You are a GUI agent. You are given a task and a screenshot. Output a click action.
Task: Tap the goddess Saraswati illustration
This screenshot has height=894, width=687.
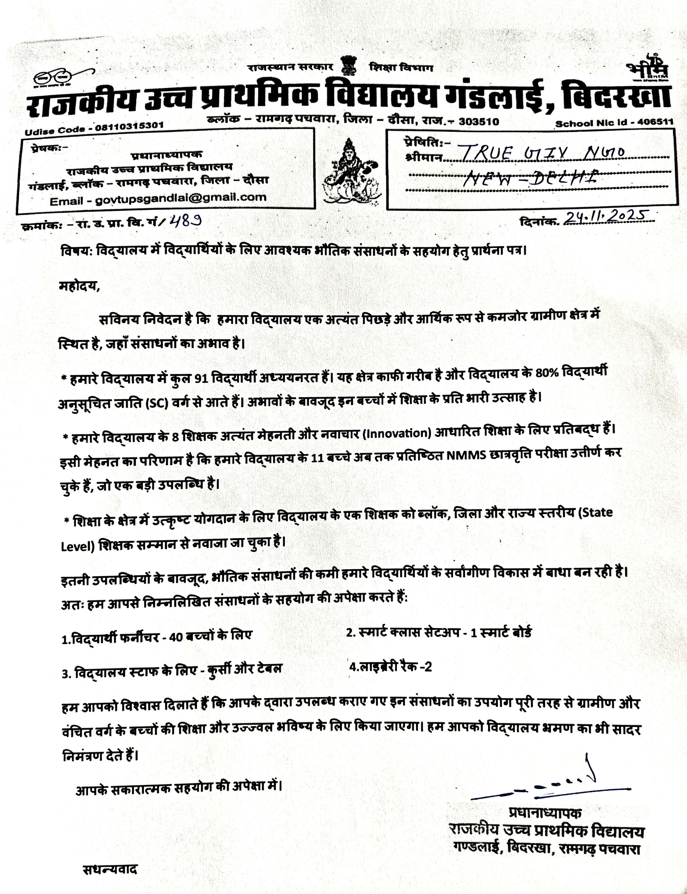tap(350, 172)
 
